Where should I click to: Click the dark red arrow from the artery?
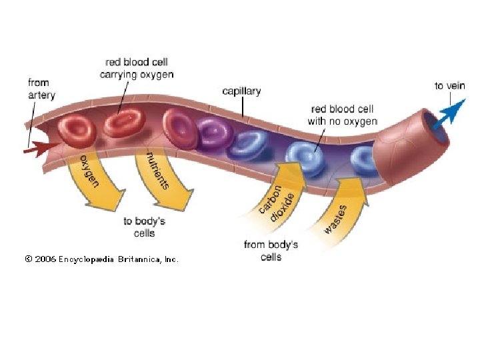pyautogui.click(x=37, y=150)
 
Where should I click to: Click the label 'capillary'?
pyautogui.click(x=241, y=91)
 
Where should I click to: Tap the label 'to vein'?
pyautogui.click(x=449, y=85)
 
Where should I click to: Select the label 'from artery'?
pyautogui.click(x=39, y=89)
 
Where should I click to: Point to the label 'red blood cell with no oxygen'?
pyautogui.click(x=342, y=115)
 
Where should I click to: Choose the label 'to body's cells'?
pyautogui.click(x=144, y=227)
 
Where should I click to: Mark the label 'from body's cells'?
pyautogui.click(x=271, y=250)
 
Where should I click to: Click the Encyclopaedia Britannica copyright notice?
pyautogui.click(x=102, y=259)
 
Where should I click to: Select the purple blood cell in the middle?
pyautogui.click(x=214, y=131)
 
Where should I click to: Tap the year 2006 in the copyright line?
pyautogui.click(x=45, y=259)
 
